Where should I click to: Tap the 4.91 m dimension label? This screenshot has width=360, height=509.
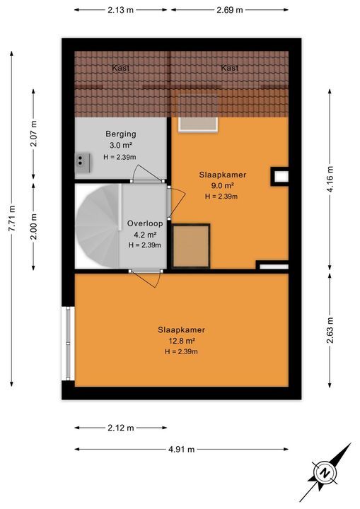181,449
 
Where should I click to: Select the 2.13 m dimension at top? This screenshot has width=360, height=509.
122,10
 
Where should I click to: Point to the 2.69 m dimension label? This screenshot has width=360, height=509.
229,10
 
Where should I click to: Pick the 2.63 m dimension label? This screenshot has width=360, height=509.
330,329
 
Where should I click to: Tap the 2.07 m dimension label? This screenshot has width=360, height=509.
33,133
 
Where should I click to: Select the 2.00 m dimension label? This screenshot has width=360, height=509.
33,226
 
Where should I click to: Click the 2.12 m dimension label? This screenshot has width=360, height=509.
121,428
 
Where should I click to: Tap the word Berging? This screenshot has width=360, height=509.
120,134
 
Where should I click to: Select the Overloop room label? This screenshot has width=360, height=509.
144,223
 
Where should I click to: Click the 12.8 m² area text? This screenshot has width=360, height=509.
181,341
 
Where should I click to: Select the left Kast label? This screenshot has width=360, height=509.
120,69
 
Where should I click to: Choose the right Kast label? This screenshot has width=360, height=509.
229,69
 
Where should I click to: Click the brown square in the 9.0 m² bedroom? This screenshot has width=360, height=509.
192,246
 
